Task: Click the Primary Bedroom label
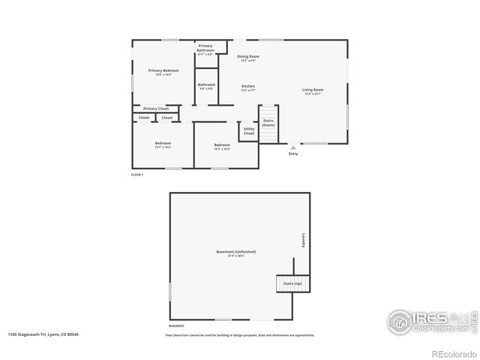[x=163, y=70]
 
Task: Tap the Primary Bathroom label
[x=205, y=48]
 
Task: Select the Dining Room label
[x=248, y=57]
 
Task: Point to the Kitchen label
[x=247, y=87]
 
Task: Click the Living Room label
[x=313, y=90]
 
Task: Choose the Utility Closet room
[x=249, y=131]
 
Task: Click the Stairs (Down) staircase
[x=268, y=121]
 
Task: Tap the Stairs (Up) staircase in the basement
[x=292, y=284]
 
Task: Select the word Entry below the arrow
[x=293, y=154]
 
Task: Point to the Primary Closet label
[x=156, y=109]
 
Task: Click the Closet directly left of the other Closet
[x=143, y=118]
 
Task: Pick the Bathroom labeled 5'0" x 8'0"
[x=206, y=85]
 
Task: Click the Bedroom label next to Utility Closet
[x=221, y=145]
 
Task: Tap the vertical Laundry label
[x=304, y=239]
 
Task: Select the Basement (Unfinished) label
[x=236, y=251]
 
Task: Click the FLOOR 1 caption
[x=137, y=174]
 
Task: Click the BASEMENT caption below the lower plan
[x=176, y=326]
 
